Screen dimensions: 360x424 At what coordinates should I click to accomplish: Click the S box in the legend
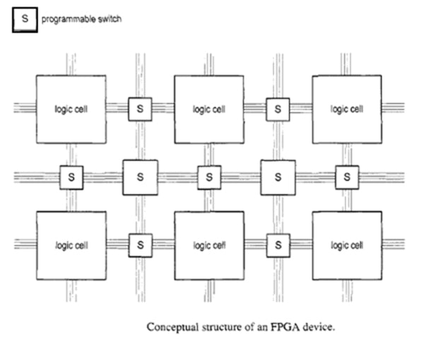(23, 19)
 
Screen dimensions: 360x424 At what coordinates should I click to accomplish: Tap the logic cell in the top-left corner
(71, 109)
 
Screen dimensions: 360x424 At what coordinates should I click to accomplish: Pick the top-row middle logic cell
(209, 109)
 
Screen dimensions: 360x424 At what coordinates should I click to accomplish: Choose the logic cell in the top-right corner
(347, 109)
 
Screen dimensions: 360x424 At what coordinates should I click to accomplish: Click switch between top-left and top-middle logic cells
(140, 109)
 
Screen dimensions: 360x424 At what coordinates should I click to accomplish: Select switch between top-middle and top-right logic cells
(278, 109)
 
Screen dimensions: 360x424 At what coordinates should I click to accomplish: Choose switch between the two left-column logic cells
(71, 177)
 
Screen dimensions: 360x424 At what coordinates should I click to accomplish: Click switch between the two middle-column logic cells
(209, 177)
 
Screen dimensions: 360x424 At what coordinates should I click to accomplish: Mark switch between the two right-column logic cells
(347, 177)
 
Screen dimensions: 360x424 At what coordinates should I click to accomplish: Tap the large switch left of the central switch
(140, 177)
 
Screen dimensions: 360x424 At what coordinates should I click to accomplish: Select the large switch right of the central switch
(278, 177)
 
